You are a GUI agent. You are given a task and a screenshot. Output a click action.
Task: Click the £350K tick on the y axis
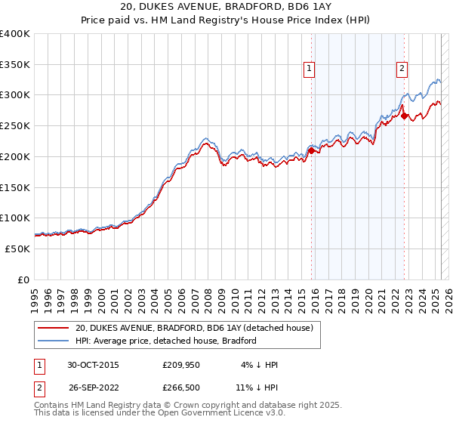[x=15, y=64]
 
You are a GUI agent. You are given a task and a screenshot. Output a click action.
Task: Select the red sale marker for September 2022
[x=405, y=116]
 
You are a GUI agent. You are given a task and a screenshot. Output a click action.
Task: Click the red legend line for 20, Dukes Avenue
[x=53, y=328]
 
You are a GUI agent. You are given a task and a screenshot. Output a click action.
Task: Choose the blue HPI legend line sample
[x=53, y=341]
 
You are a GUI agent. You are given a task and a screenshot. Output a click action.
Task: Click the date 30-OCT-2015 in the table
[x=93, y=365]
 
